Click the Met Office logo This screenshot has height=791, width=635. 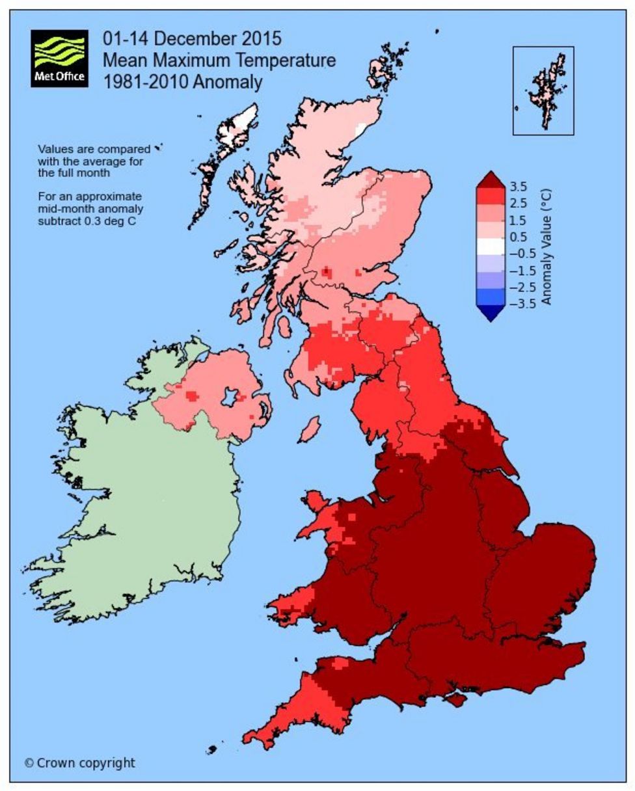click(59, 59)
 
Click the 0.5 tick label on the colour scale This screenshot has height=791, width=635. click(519, 237)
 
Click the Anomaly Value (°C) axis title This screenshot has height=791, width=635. click(547, 247)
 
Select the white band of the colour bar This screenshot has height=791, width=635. click(491, 246)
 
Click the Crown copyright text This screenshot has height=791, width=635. click(79, 762)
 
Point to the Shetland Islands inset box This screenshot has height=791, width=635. click(543, 90)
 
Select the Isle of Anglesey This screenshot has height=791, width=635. click(314, 501)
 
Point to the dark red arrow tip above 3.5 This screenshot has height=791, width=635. click(491, 178)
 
